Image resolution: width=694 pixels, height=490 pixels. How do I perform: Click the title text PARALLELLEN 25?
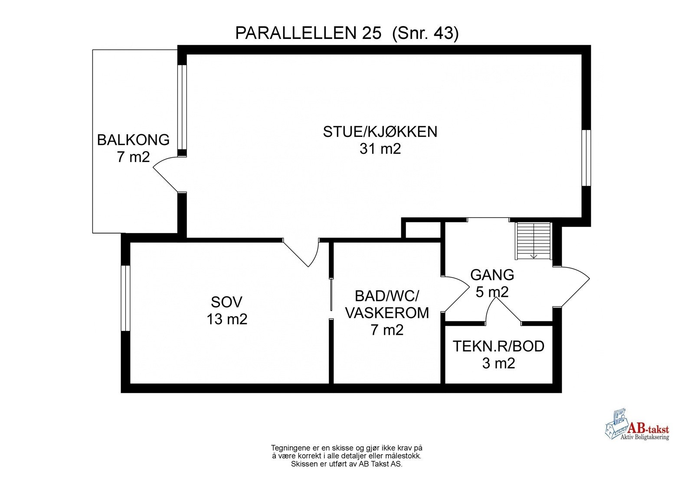point(308,33)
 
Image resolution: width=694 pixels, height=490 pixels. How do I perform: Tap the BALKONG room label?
point(133,140)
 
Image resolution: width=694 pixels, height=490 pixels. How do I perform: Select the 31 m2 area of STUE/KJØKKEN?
point(380,149)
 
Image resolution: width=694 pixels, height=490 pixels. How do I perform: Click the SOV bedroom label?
point(226,302)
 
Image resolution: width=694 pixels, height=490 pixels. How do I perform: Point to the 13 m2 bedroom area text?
point(226,319)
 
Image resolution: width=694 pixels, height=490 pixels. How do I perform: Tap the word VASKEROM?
point(387,312)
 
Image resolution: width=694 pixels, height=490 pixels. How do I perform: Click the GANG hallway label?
point(492,275)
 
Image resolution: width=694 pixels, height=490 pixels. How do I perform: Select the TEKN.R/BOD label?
point(498,346)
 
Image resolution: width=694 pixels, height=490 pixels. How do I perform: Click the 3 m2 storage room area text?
point(498,363)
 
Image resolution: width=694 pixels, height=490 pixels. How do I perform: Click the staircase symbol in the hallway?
point(533,241)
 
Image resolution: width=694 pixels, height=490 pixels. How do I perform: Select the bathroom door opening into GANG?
point(455,293)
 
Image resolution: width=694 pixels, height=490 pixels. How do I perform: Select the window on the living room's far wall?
point(586,158)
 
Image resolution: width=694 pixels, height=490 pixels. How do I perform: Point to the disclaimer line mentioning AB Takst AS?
point(347,464)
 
